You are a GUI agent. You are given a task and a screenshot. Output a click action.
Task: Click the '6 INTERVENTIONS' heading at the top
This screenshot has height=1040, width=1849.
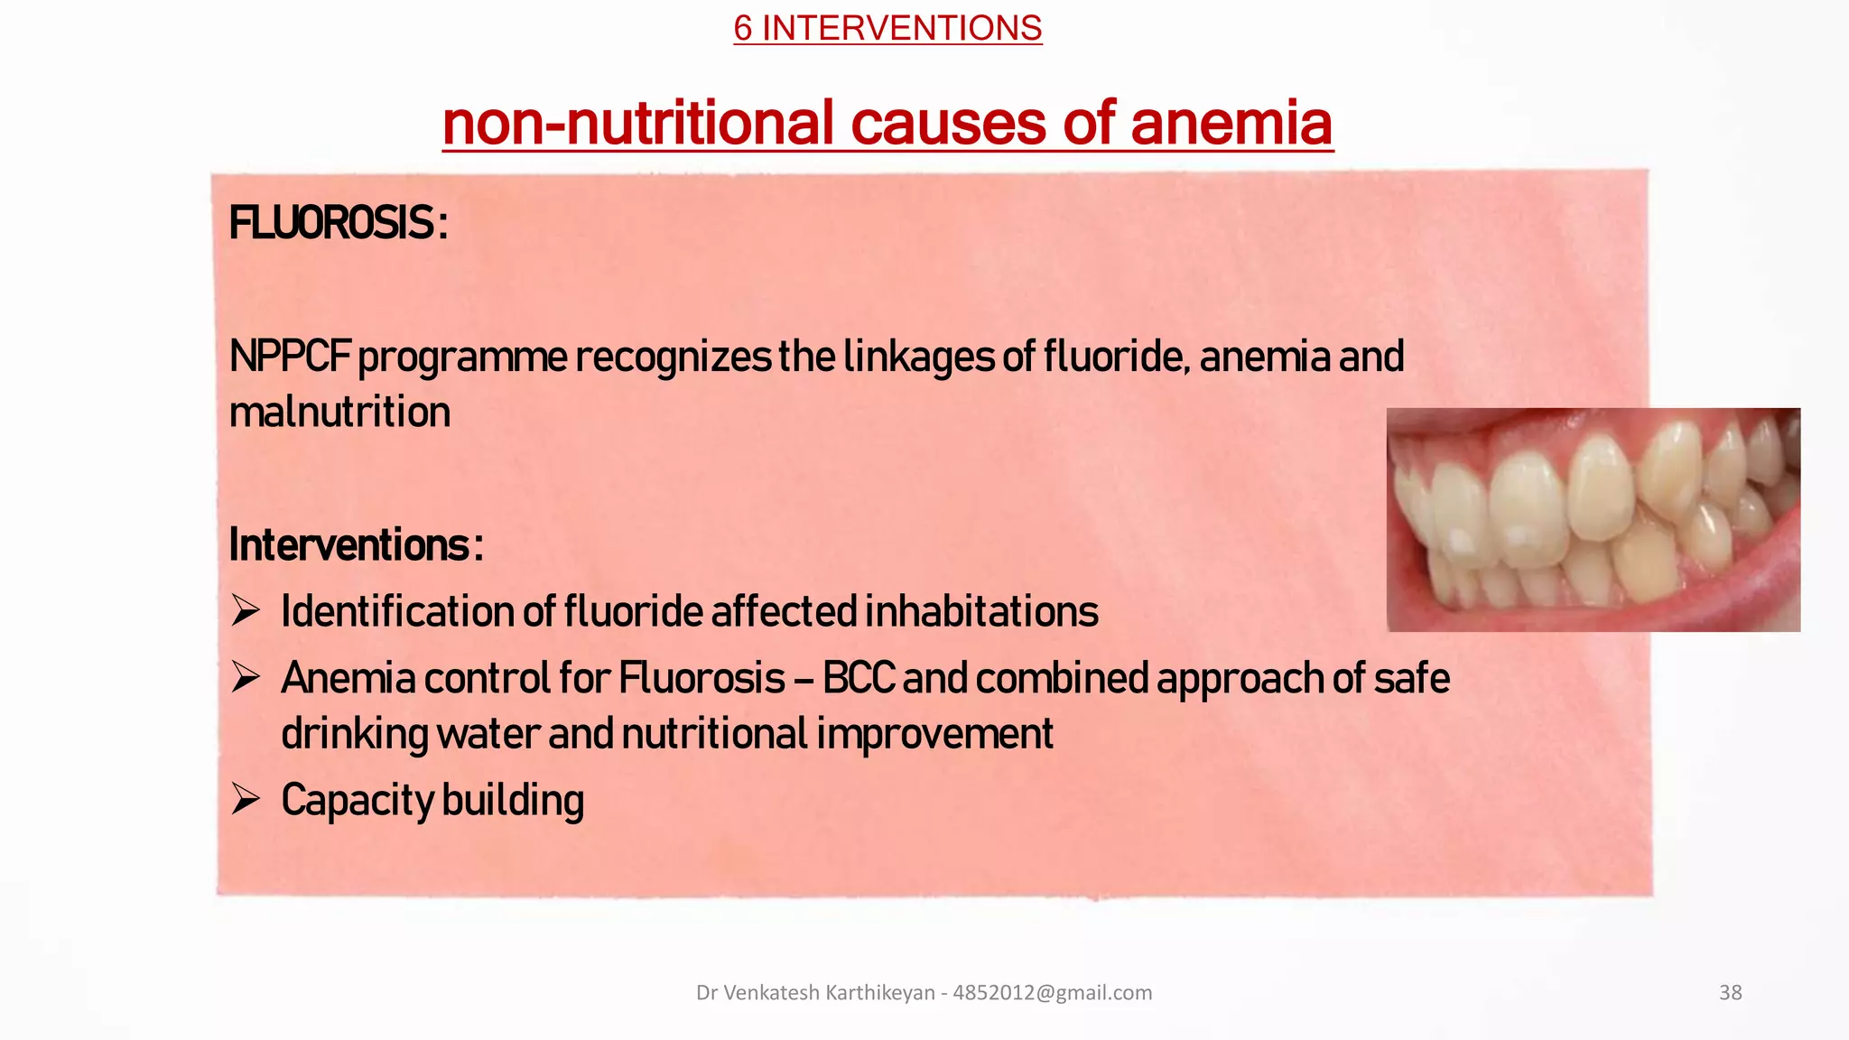pos(887,28)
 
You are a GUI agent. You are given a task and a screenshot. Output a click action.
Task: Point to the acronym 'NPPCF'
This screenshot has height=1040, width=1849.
pos(289,357)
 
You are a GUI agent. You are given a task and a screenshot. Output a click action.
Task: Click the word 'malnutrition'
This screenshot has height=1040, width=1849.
pos(339,413)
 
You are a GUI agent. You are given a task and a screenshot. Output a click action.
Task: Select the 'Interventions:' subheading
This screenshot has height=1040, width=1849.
pos(356,545)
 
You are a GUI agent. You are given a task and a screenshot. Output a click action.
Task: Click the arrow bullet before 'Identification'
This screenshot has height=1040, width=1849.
pos(246,611)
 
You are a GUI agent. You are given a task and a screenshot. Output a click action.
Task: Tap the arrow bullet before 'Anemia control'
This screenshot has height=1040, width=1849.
pos(246,677)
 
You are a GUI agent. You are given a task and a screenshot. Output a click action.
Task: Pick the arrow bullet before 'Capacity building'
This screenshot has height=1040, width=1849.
pos(246,799)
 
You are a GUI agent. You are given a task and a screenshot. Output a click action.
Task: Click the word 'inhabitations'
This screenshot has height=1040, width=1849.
pos(981,611)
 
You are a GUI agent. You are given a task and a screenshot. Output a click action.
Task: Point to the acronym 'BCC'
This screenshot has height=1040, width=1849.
pos(859,678)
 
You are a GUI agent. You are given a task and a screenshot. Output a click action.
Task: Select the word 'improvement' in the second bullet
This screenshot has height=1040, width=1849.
pos(935,734)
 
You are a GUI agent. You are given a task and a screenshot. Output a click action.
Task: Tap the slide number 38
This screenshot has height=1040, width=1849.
pos(1730,993)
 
